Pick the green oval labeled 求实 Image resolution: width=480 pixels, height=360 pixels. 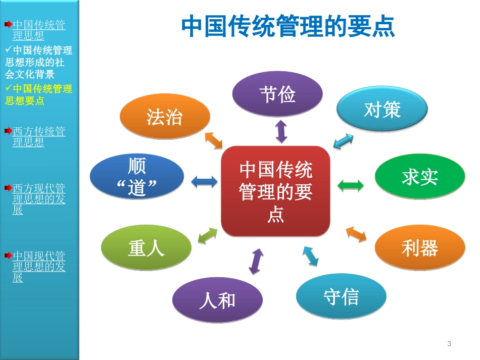pyautogui.click(x=419, y=177)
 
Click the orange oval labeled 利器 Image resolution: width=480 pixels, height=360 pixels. pyautogui.click(x=419, y=248)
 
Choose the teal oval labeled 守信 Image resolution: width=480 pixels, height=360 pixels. pyautogui.click(x=341, y=296)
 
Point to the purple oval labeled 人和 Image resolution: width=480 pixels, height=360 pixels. pyautogui.click(x=217, y=300)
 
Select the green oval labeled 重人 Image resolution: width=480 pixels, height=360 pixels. pyautogui.click(x=146, y=248)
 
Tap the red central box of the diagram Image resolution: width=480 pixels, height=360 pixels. pyautogui.click(x=275, y=191)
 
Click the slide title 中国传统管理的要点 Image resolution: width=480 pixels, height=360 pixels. pyautogui.click(x=288, y=27)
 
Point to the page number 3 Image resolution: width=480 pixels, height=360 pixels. pyautogui.click(x=449, y=344)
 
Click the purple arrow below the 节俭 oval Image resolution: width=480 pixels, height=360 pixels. pyautogui.click(x=281, y=131)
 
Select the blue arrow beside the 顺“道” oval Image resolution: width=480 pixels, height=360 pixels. pyautogui.click(x=204, y=182)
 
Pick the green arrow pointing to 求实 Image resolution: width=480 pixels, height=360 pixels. pyautogui.click(x=350, y=185)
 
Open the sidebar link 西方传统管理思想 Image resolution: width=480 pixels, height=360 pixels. pyautogui.click(x=38, y=137)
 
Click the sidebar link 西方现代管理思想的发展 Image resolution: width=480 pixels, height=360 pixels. pyautogui.click(x=38, y=199)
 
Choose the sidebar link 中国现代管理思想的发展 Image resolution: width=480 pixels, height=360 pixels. pyautogui.click(x=38, y=267)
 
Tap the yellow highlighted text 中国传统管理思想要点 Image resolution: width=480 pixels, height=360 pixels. pyautogui.click(x=38, y=94)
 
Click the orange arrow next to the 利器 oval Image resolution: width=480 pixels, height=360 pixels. pyautogui.click(x=356, y=234)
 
